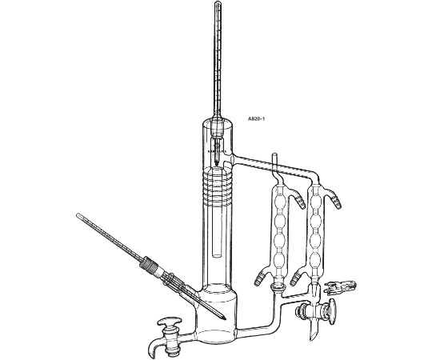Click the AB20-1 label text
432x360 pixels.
point(256,119)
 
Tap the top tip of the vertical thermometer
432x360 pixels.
point(218,2)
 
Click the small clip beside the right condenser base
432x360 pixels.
point(341,286)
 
